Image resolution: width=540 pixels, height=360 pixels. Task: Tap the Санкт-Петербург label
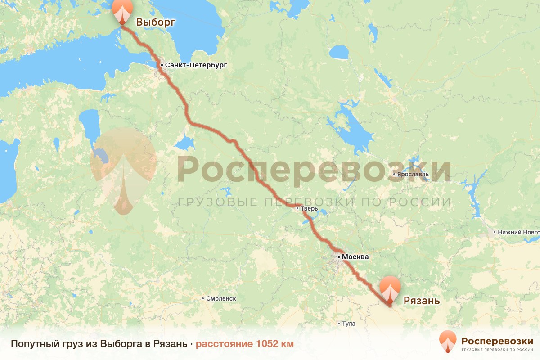196,65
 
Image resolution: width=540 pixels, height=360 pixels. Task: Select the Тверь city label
310,209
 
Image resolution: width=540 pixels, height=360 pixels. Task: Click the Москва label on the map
355,257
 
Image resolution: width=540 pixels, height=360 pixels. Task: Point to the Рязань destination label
421,301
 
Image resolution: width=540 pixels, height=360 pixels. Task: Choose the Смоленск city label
221,298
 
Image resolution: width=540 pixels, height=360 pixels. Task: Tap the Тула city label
348,324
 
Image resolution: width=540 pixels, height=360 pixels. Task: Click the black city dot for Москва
338,257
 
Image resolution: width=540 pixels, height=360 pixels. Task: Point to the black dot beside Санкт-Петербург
162,65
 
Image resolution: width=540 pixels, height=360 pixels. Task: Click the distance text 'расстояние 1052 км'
244,344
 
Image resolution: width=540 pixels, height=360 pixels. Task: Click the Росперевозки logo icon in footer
448,342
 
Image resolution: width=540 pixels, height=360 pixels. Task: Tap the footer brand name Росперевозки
497,340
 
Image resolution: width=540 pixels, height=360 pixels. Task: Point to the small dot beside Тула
339,324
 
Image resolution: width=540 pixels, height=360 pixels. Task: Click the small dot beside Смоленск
203,298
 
